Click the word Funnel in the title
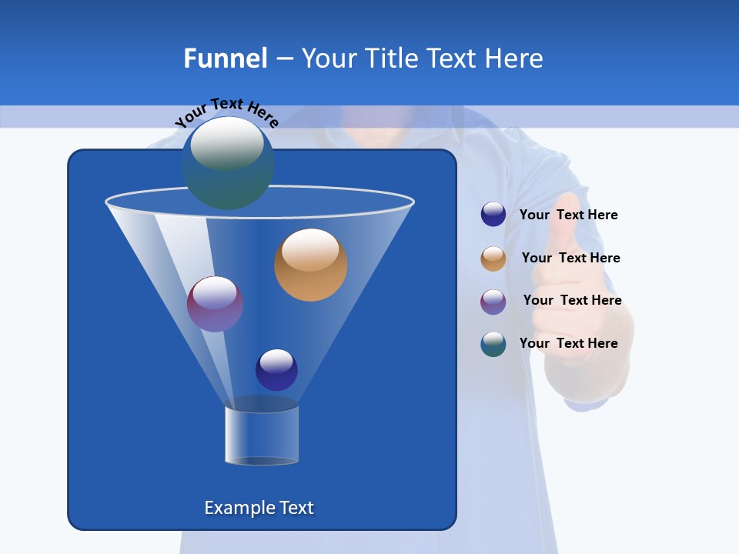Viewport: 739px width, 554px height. (x=226, y=58)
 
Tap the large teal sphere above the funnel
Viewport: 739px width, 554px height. (x=228, y=162)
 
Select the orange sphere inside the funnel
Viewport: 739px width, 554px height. (x=310, y=265)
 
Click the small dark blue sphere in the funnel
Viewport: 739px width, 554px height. (x=276, y=369)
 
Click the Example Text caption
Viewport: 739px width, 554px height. (x=259, y=508)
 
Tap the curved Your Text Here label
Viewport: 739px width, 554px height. (x=226, y=112)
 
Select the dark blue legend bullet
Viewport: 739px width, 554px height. (x=493, y=215)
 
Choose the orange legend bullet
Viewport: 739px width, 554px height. (x=493, y=259)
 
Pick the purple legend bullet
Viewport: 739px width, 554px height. (x=493, y=302)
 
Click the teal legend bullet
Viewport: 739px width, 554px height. (x=493, y=344)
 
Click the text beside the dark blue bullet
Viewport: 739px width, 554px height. (x=568, y=215)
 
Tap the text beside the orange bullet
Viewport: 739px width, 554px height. (x=570, y=258)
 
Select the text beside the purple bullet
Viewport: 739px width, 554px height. (x=572, y=300)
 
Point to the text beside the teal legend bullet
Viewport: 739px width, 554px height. (x=568, y=343)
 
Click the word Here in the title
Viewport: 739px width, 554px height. (x=515, y=58)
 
